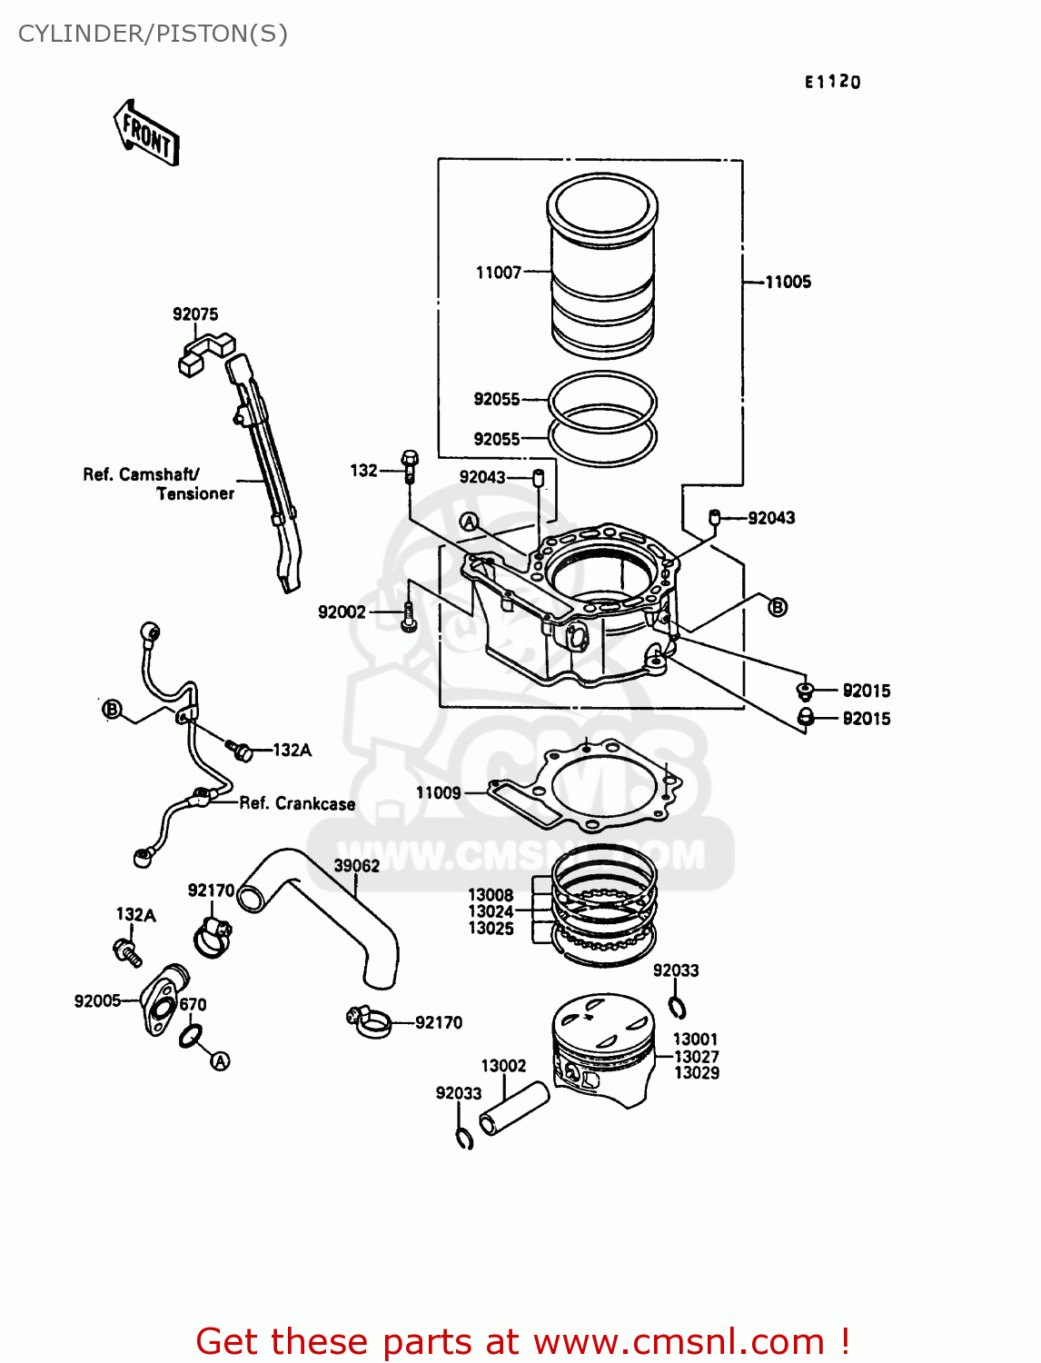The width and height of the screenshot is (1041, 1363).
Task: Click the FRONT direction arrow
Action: pos(146,133)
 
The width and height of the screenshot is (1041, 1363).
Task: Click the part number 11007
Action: pos(498,272)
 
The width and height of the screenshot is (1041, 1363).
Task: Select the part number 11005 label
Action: pos(788,282)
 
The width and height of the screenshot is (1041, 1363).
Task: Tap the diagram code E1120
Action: pos(832,82)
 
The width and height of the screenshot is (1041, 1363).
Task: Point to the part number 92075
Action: pos(195,314)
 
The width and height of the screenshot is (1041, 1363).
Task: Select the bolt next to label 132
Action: pos(410,465)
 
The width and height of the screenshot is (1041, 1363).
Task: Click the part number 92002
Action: pos(342,612)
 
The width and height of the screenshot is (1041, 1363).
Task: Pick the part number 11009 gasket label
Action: pos(438,792)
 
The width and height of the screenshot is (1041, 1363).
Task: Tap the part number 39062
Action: pos(356,866)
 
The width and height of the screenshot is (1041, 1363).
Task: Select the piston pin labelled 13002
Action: pos(514,1109)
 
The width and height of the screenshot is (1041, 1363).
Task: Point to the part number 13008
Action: pos(491,895)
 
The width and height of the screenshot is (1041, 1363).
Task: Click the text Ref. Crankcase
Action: pos(297,803)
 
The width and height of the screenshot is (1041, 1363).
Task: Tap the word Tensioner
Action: pos(195,494)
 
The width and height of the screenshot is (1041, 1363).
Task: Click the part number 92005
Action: pos(97,1000)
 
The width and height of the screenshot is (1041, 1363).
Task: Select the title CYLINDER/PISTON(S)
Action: pos(153,34)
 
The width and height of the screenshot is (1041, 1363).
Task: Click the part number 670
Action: pos(193,1004)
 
